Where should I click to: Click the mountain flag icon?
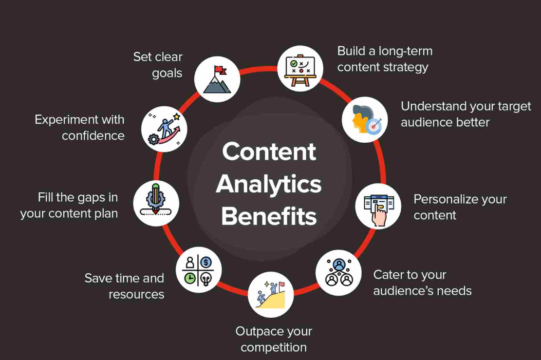pos(217,79)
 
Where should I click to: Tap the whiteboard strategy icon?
pos(300,69)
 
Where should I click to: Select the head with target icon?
pos(365,119)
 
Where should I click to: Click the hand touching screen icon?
pos(378,206)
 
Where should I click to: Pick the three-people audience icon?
pos(338,272)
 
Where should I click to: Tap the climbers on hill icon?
pos(271,294)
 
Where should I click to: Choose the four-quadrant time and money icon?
pos(199,270)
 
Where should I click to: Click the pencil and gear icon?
pos(156,204)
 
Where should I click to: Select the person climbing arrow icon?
pos(165,129)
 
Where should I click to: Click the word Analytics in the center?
pos(269,184)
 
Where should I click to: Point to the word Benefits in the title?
pos(269,216)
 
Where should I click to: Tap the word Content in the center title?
pos(269,152)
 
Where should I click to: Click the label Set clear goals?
pos(158,65)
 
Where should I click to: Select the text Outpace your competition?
pos(274,339)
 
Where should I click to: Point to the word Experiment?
pos(65,119)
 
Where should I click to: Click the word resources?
pos(136,294)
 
